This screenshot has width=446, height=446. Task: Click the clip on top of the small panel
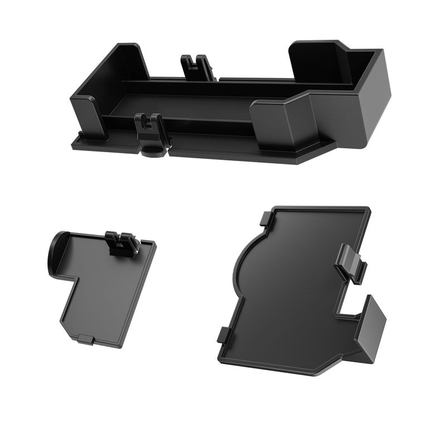tap(122, 243)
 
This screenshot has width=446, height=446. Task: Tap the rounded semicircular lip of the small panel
tap(56, 254)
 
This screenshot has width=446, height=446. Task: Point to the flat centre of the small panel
tap(109, 290)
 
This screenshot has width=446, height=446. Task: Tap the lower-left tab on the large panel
tap(222, 334)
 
